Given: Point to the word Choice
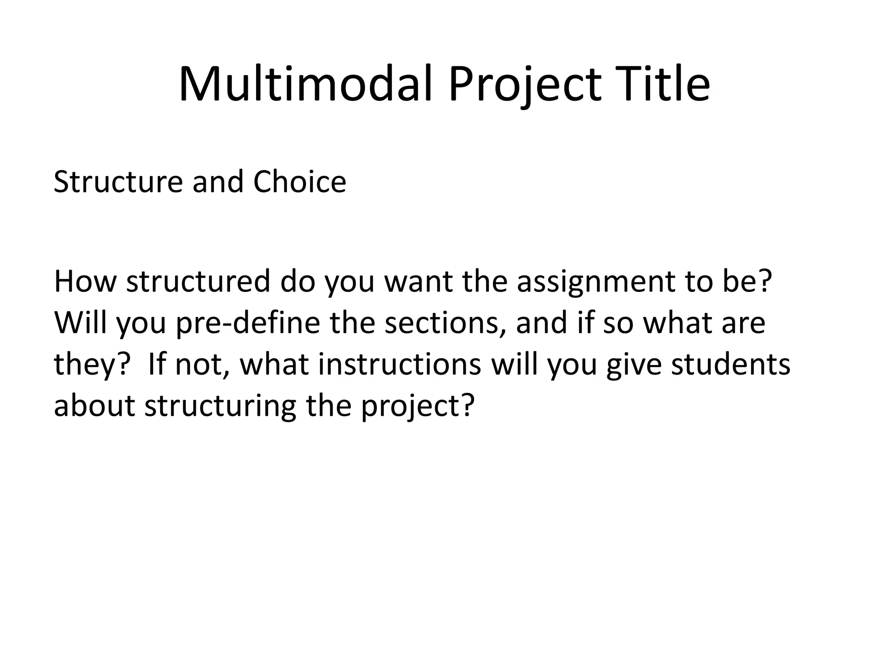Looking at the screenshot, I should tap(300, 182).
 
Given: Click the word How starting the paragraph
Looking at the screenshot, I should tap(85, 281).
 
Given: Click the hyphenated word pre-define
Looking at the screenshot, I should tap(248, 323).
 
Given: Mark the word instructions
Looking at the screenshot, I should tap(399, 364).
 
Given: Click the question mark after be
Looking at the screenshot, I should tap(765, 281).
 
